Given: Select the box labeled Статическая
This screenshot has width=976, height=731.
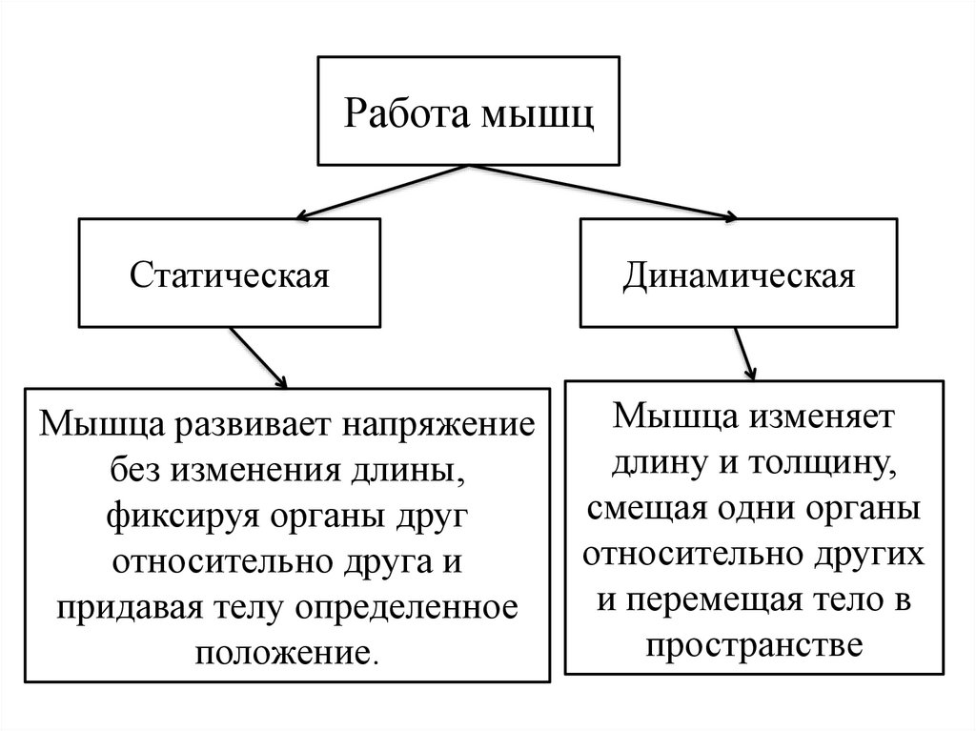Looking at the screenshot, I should tap(229, 275).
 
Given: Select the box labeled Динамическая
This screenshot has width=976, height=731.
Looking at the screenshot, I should tap(739, 275).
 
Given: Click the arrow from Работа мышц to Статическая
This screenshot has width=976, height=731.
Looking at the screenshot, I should tap(381, 190).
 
